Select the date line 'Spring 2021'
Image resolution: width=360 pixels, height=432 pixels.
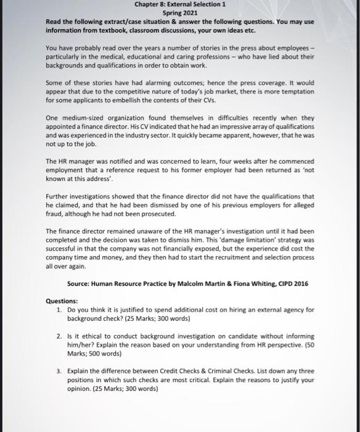pyautogui.click(x=179, y=13)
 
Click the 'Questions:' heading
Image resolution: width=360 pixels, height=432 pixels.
pyautogui.click(x=62, y=301)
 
